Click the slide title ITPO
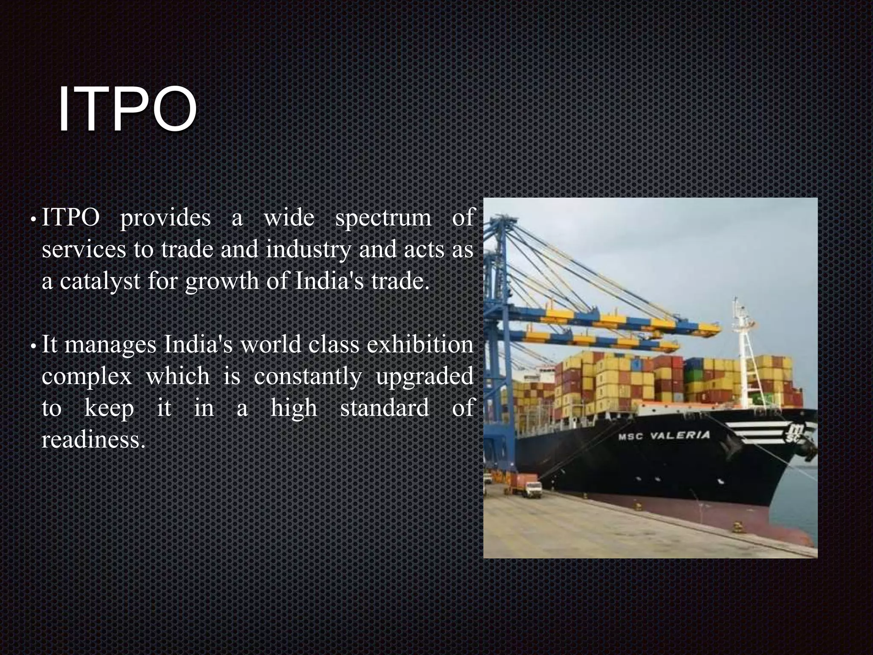[127, 110]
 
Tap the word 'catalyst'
[100, 281]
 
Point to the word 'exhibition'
[420, 345]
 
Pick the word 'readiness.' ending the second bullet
[93, 440]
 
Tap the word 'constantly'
[307, 376]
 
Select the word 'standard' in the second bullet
[384, 408]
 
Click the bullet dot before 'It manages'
[33, 347]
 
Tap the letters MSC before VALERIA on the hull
[631, 436]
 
